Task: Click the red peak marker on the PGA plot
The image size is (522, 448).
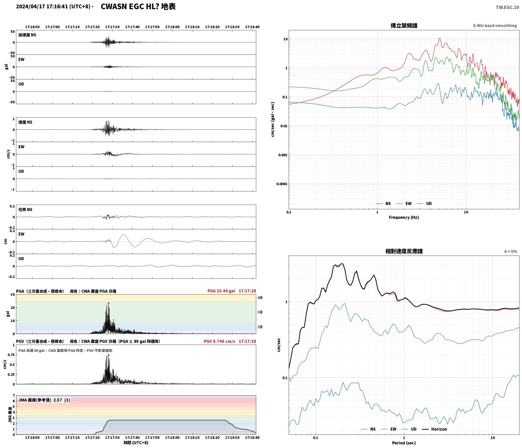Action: (x=109, y=303)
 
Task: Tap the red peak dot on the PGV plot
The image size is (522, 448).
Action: (x=109, y=355)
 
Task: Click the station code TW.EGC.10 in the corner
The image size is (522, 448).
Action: (x=507, y=7)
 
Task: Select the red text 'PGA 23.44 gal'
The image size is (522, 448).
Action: (x=221, y=291)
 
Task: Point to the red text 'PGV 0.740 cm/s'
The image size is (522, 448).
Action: (x=219, y=341)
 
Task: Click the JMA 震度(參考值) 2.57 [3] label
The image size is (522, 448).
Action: (x=44, y=400)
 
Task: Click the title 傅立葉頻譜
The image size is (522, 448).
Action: (x=404, y=25)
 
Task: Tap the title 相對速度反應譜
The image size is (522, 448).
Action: (x=404, y=251)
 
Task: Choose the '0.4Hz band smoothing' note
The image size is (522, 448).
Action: (x=495, y=25)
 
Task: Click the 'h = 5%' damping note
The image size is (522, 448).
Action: (x=511, y=251)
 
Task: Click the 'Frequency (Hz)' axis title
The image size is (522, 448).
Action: (x=404, y=217)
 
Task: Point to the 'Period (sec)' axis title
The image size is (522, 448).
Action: (x=404, y=443)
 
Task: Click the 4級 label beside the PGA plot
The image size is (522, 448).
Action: (x=260, y=298)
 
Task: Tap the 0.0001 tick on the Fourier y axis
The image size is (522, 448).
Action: (x=282, y=184)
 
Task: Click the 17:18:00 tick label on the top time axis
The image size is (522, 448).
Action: (x=172, y=27)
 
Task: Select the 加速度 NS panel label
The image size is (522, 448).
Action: (x=27, y=35)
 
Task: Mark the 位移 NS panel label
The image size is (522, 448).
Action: (x=25, y=209)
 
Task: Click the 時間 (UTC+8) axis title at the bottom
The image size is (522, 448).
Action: (x=136, y=443)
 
